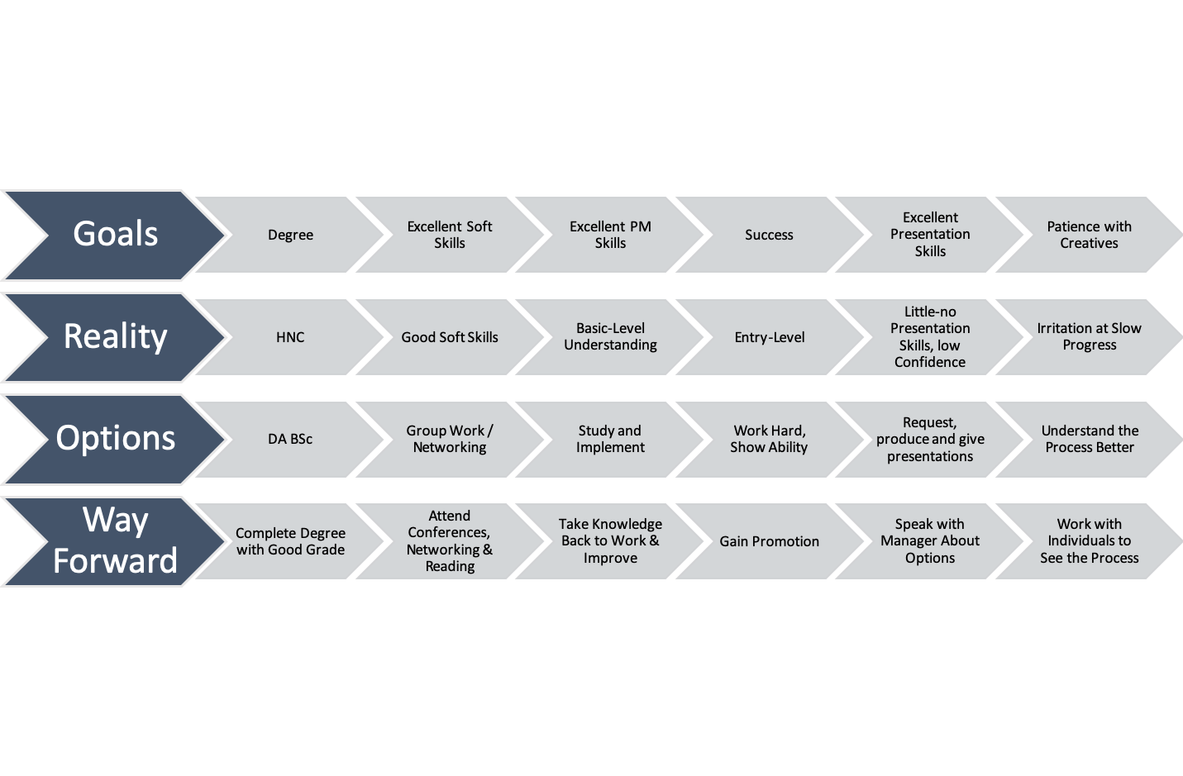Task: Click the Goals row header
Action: tap(115, 235)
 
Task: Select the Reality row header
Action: tap(115, 337)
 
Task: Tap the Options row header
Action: tap(115, 439)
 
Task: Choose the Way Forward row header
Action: tap(115, 541)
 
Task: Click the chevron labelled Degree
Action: tap(290, 236)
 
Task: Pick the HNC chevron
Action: tap(290, 337)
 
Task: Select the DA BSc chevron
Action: tap(290, 440)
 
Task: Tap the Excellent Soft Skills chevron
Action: tap(450, 236)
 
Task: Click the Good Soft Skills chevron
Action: tap(450, 337)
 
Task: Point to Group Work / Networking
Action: tap(450, 440)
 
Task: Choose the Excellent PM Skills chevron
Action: tap(610, 236)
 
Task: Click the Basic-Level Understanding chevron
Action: tap(610, 337)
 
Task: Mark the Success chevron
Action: tap(769, 236)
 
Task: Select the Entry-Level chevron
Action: tap(769, 337)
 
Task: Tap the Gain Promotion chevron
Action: tap(769, 541)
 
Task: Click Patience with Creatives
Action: tap(1089, 236)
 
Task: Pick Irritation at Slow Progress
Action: tap(1089, 337)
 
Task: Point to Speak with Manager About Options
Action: tap(930, 541)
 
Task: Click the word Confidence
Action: tap(930, 362)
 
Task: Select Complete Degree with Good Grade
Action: tap(290, 541)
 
